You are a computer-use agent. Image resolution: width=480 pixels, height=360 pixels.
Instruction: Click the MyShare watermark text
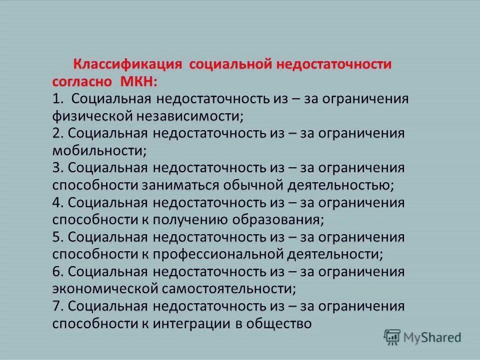tap(432, 337)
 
